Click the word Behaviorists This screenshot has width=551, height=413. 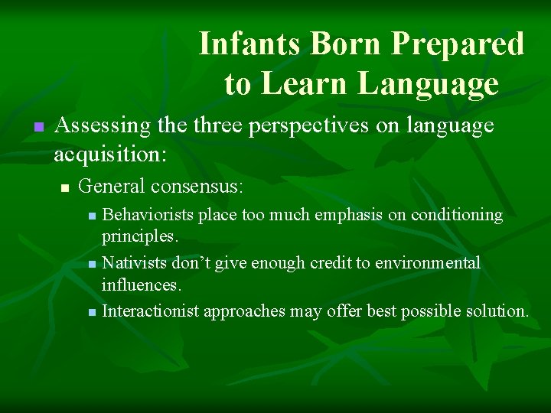tap(148, 215)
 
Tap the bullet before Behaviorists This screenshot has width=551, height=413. tap(93, 216)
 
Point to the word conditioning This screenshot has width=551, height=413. tap(457, 215)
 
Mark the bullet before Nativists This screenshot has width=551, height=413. tap(93, 265)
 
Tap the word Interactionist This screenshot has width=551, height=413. tap(150, 311)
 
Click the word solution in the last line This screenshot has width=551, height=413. tap(497, 311)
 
